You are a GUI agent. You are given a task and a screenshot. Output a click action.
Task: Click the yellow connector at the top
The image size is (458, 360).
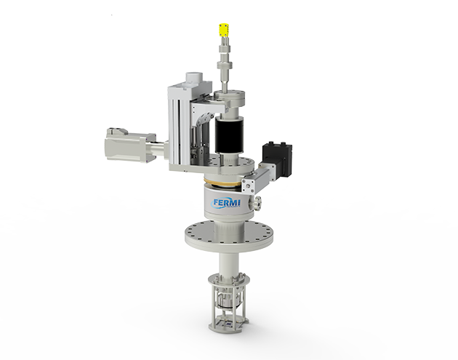224,31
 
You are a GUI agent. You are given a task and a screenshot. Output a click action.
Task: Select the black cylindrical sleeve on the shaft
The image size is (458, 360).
229,135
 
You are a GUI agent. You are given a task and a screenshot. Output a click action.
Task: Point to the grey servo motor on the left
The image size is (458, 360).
130,145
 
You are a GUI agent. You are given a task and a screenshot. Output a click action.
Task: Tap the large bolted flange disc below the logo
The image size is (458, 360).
229,236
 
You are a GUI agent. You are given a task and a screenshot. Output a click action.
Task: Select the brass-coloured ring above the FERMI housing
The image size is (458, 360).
223,183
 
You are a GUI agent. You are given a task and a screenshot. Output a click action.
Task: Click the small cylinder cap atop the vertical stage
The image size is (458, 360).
194,77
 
